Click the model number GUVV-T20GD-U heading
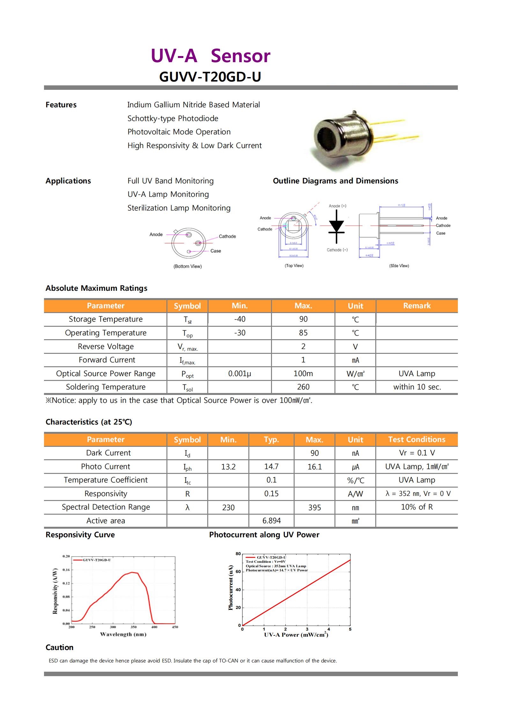tap(210, 77)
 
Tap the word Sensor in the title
tap(240, 56)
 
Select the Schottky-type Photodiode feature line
tap(173, 118)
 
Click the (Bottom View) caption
tap(187, 266)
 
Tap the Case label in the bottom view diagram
tap(216, 251)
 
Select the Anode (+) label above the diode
tap(337, 206)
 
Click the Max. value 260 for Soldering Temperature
tap(303, 387)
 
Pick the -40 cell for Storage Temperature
tap(239, 319)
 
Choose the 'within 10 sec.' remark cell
tap(417, 387)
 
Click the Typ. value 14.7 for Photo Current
tap(271, 467)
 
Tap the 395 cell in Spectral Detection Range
tap(314, 507)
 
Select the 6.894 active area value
tap(271, 521)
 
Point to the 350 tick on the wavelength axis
tap(134, 627)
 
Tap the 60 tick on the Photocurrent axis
tap(238, 572)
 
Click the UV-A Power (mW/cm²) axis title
tap(296, 634)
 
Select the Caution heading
tap(60, 647)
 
